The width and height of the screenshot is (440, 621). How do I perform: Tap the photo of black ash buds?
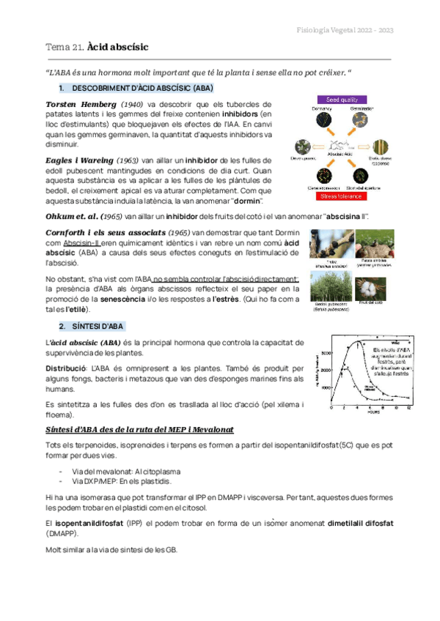(x=331, y=243)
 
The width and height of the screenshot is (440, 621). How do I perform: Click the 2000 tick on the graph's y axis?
(x=325, y=370)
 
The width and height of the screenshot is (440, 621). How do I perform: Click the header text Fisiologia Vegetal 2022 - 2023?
(x=344, y=30)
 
